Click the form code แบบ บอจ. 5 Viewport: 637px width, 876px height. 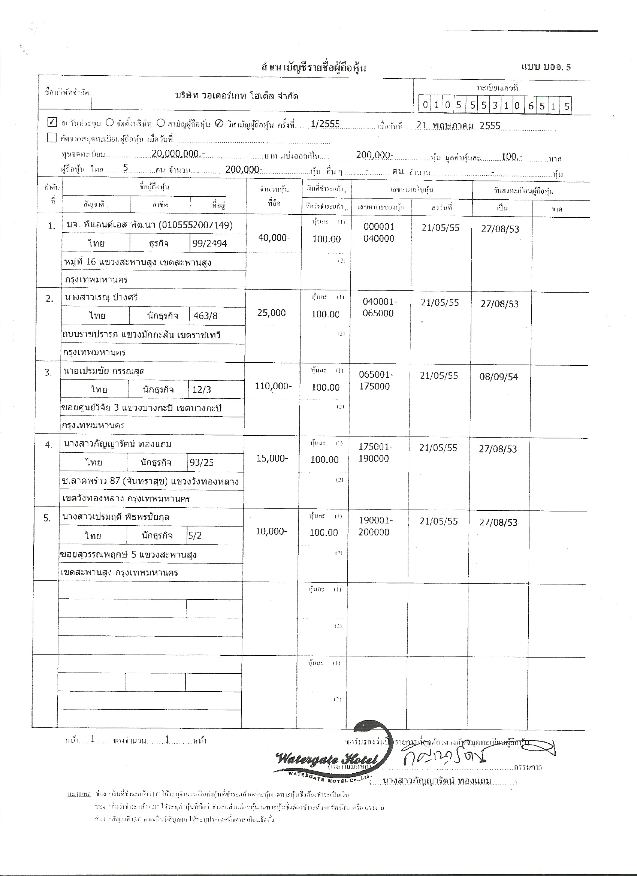(x=546, y=67)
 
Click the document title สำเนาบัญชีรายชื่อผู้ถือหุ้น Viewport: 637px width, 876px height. (x=313, y=68)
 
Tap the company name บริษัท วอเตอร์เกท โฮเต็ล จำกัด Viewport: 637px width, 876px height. (x=236, y=96)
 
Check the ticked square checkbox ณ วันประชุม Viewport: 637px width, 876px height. (x=52, y=123)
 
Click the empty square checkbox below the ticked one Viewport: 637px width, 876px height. (x=51, y=138)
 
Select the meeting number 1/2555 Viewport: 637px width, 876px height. (x=325, y=124)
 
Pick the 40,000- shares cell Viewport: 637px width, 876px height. (x=274, y=238)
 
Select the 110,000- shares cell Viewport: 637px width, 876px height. (x=273, y=386)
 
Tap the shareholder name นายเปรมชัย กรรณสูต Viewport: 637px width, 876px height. (x=104, y=371)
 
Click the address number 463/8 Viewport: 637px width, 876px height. (x=205, y=316)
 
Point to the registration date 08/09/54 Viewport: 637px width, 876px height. (x=499, y=377)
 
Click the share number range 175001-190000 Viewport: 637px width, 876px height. (x=375, y=452)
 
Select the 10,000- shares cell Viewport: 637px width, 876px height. (x=271, y=531)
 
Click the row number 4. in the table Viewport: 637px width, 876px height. (x=48, y=445)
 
